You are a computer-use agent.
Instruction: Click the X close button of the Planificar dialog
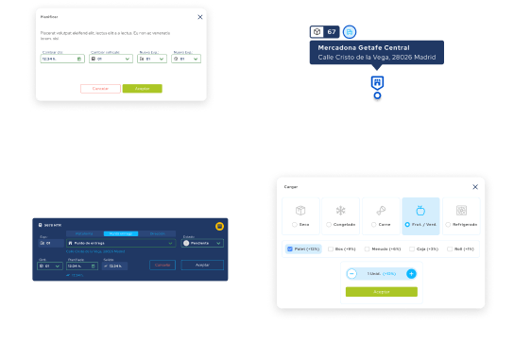click(x=199, y=16)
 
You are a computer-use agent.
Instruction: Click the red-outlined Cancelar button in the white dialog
click(x=100, y=88)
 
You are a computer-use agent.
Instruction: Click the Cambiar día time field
click(x=62, y=59)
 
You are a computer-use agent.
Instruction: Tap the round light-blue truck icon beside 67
click(x=350, y=32)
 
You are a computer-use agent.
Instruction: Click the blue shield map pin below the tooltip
click(x=377, y=82)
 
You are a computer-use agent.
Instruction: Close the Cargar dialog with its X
click(x=474, y=186)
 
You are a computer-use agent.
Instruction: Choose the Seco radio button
click(x=293, y=224)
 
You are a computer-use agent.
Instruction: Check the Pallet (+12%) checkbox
click(x=291, y=249)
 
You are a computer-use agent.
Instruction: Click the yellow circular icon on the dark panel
click(x=220, y=226)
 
